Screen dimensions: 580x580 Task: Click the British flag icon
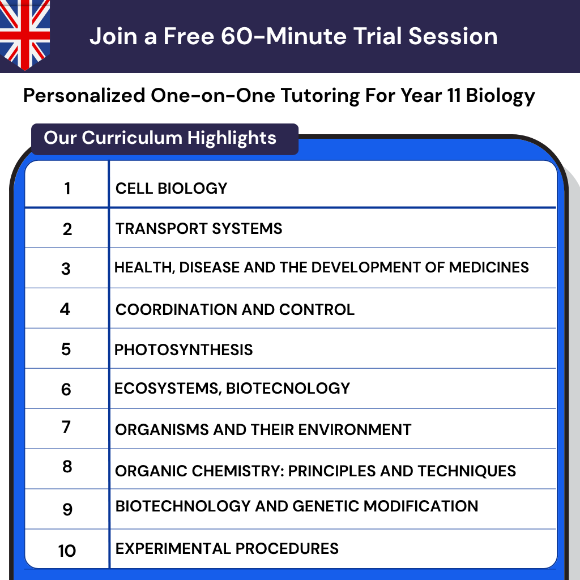pos(25,33)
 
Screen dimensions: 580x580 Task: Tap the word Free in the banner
pos(190,36)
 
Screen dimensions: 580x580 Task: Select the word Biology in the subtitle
pos(500,95)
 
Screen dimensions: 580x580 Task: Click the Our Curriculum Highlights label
pos(160,138)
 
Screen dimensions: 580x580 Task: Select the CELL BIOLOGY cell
pos(171,188)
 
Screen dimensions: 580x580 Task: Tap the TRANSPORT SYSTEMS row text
pos(199,229)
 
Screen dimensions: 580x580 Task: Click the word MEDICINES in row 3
pos(489,267)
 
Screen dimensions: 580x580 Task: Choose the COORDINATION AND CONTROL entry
pos(234,309)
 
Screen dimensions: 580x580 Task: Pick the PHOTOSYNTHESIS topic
pos(184,349)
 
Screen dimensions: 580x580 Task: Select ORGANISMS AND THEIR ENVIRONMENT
pos(263,429)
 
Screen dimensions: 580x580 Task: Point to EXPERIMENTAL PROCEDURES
pos(227,548)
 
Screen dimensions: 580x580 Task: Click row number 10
pos(67,550)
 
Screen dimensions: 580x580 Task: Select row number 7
pos(66,427)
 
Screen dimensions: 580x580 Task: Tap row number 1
pos(67,189)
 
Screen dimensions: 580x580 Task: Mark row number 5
pos(66,349)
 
